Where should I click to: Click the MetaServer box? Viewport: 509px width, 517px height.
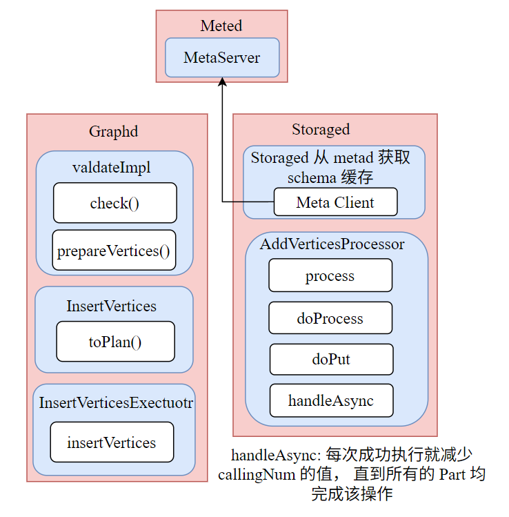click(x=222, y=57)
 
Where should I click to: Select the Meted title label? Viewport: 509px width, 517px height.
click(x=221, y=26)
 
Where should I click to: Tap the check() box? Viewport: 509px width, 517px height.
click(x=114, y=203)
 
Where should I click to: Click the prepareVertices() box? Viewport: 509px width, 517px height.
click(x=114, y=251)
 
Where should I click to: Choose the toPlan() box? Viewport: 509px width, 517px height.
click(x=115, y=341)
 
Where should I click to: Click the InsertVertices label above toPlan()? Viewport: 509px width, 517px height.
click(x=112, y=305)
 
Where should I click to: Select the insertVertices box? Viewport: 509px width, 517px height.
click(x=112, y=442)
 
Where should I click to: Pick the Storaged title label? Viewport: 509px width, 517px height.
click(x=321, y=129)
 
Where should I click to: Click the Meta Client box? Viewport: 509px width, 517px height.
click(x=335, y=202)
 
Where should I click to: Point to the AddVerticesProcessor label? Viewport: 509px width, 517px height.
click(x=332, y=244)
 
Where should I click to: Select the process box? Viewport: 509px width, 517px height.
click(x=330, y=276)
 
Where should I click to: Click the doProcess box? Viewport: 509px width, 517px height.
click(x=330, y=319)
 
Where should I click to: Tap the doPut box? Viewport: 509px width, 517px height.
click(x=331, y=360)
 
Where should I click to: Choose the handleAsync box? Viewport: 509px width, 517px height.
click(x=331, y=401)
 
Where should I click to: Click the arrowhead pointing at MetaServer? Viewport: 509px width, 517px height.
click(x=222, y=81)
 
